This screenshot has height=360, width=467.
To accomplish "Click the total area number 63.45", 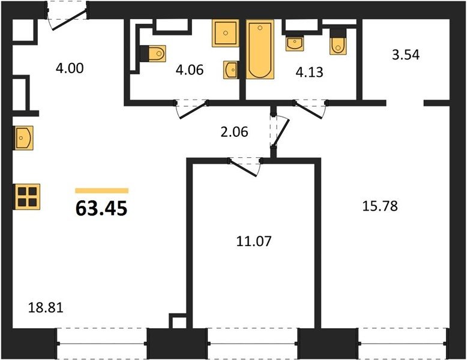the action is [x=101, y=208].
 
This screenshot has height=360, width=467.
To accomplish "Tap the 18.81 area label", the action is [x=46, y=307].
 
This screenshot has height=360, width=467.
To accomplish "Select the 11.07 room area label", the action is [x=254, y=241].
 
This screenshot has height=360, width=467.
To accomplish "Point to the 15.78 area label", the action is [x=380, y=206].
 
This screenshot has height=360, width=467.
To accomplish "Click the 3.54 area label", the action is [x=406, y=55].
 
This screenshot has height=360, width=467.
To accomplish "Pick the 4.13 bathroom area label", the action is [x=310, y=72].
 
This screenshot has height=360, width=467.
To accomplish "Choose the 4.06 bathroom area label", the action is [x=190, y=70].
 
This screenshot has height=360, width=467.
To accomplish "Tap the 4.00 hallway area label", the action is [x=70, y=68].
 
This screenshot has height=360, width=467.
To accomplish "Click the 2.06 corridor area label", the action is [x=234, y=132].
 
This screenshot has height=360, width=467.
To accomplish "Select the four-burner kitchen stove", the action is [x=27, y=197].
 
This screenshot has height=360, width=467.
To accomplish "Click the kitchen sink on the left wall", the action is [x=23, y=138].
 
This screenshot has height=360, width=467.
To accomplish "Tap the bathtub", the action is [x=260, y=49].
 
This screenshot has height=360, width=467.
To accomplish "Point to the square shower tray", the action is [x=226, y=34].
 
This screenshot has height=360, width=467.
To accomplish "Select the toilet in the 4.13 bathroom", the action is [x=338, y=42].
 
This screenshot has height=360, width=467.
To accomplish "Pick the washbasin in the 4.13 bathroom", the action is [x=295, y=43].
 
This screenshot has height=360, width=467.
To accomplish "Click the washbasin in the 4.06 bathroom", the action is [x=231, y=70].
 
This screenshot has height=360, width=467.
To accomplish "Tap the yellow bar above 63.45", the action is [x=101, y=191].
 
